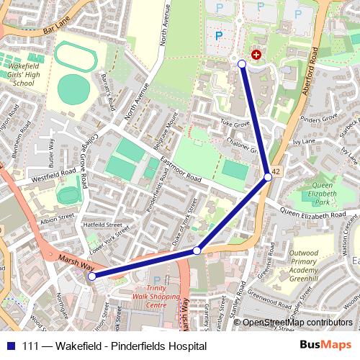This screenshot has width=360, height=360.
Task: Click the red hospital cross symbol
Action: (x=256, y=55)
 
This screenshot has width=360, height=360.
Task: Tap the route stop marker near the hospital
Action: (x=242, y=65)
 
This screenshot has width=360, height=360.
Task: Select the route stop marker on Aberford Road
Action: (x=268, y=176)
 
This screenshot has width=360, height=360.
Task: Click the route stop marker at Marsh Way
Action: (x=91, y=274)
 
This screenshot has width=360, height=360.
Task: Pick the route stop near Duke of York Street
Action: (x=197, y=251)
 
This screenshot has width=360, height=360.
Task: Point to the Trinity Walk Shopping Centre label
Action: (x=157, y=300)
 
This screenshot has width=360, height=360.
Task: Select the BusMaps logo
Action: (x=326, y=346)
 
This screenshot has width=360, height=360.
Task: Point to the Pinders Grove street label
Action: (x=318, y=117)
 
